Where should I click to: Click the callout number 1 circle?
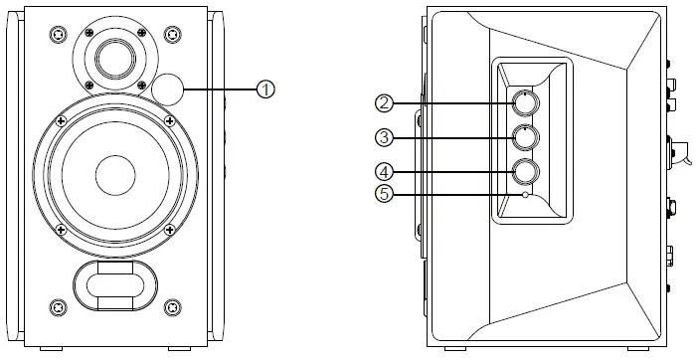coord(265,90)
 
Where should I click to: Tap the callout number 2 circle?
coord(385,103)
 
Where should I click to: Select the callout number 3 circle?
coord(385,137)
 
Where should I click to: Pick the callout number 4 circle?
coord(385,172)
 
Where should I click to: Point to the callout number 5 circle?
coord(385,194)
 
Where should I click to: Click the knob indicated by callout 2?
coord(526,103)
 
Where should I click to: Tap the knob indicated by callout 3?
coord(526,137)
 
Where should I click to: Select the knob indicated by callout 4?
coord(526,172)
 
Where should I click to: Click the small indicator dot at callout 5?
coord(526,194)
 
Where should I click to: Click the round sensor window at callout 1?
coord(167,90)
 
